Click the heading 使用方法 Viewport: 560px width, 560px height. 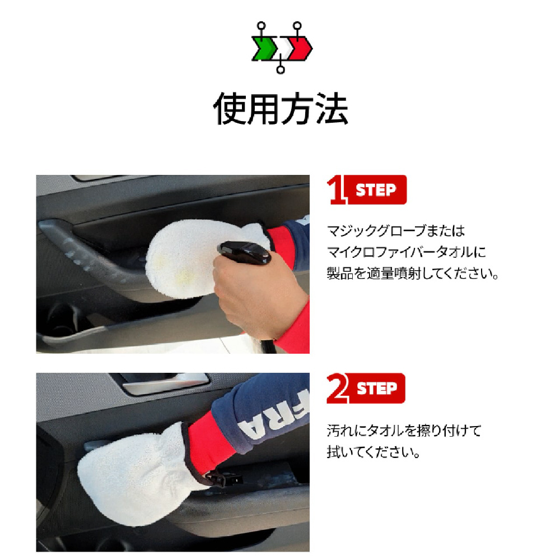(x=281, y=108)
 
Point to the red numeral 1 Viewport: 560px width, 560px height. (x=336, y=189)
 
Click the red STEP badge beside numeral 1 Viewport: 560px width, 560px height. (x=376, y=190)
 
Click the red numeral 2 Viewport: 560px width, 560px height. (x=337, y=388)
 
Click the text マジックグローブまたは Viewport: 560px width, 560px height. (x=396, y=231)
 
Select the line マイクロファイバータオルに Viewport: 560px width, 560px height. (x=407, y=252)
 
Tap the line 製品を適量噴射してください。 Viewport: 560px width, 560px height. (x=413, y=274)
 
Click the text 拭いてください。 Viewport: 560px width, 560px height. (x=373, y=452)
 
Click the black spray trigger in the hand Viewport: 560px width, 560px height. (x=245, y=252)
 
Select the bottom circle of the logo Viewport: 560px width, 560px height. (x=281, y=70)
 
